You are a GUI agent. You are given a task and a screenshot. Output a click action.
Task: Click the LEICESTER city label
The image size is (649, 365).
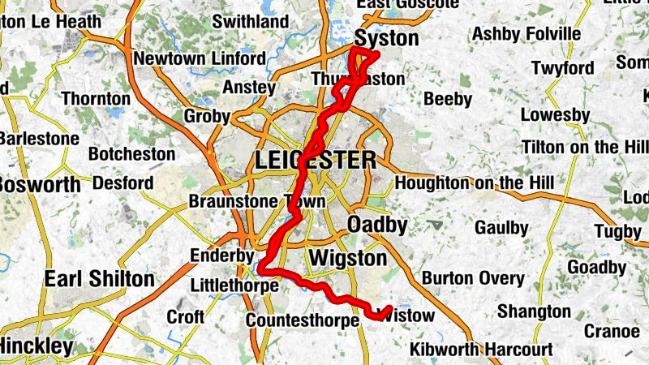coord(315,161)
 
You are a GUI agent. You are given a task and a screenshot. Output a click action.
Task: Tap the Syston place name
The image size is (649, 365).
coord(387,38)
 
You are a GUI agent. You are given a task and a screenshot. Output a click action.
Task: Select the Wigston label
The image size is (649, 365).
coord(348,259)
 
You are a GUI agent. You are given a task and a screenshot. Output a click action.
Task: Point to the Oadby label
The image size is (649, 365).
coord(376,224)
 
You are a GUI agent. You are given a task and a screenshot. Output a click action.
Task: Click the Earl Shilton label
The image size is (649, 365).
coord(99,280)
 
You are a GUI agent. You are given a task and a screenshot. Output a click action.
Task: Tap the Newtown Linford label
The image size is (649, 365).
coord(200,59)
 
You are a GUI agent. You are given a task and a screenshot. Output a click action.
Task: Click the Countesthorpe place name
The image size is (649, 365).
coord(302,320)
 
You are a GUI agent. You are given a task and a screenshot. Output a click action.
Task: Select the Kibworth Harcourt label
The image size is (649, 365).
coord(482,350)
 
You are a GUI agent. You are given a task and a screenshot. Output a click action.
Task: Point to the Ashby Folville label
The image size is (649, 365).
coord(527,34)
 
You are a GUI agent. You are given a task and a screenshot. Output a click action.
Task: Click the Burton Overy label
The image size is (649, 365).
coord(473,278)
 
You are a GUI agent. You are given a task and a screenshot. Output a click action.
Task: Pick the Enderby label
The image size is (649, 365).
coord(221,255)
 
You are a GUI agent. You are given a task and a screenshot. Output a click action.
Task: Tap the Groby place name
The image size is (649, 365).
coord(207,116)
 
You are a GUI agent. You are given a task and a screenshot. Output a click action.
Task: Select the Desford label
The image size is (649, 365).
coord(122,183)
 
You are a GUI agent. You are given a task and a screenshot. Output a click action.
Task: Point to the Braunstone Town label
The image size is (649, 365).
coord(256,201)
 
